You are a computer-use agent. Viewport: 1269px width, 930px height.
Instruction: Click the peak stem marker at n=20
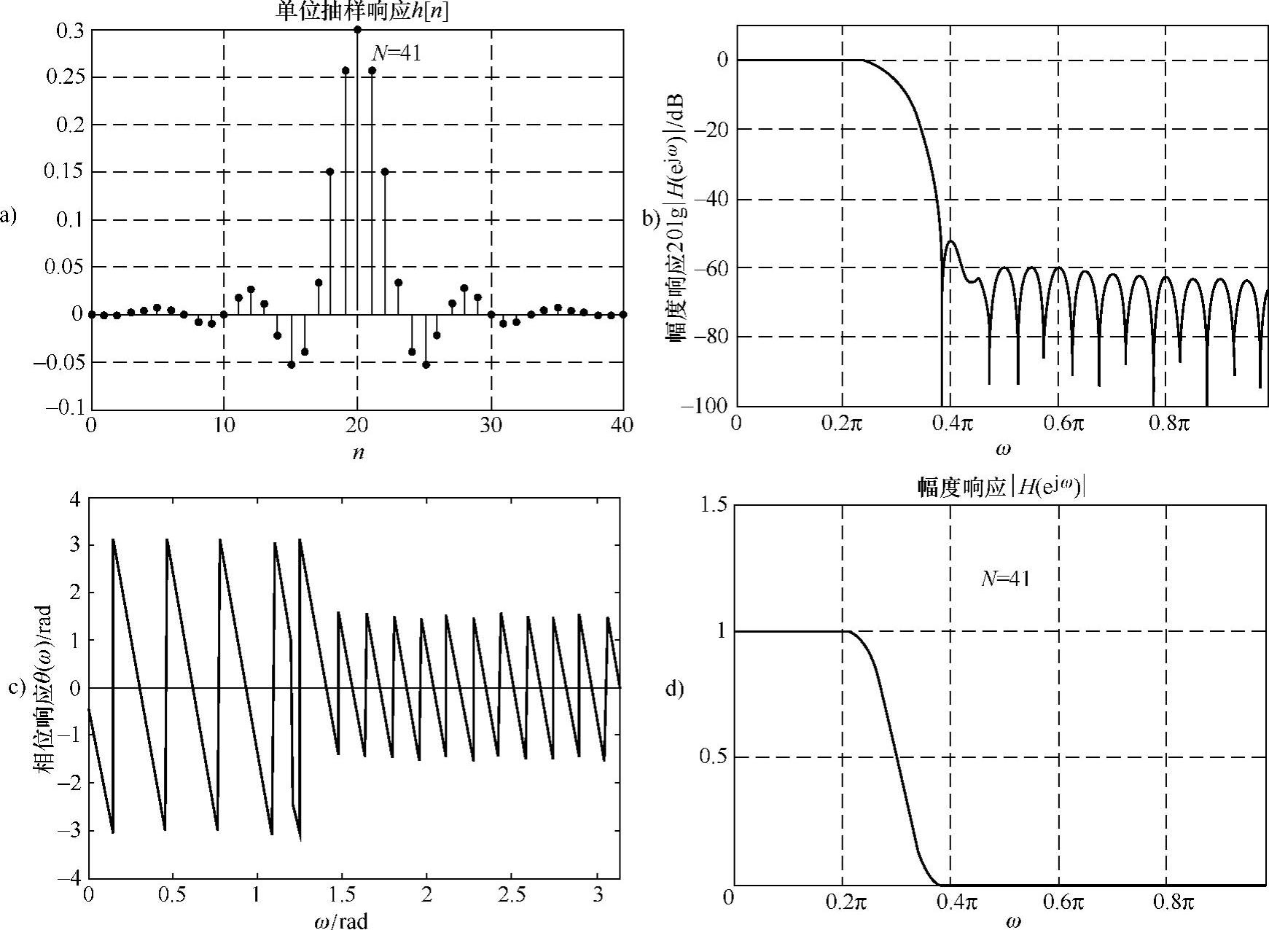[x=357, y=30]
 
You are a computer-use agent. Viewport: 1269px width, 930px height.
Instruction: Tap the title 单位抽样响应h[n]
[x=362, y=11]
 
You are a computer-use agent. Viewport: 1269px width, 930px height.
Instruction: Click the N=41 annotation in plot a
[x=397, y=52]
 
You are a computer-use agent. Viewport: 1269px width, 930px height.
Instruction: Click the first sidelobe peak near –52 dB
[x=951, y=241]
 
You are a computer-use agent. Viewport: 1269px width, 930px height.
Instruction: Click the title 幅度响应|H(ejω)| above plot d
[x=1001, y=488]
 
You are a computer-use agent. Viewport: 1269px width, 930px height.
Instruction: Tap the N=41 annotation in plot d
[x=1004, y=578]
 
